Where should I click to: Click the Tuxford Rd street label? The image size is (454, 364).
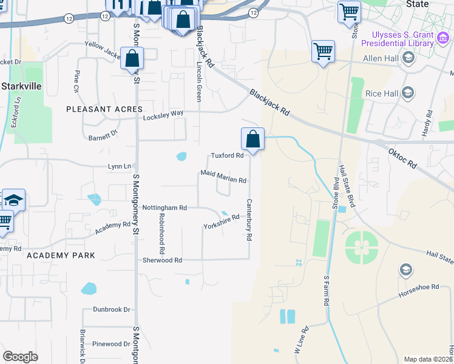[227, 155]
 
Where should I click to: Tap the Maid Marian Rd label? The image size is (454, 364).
[223, 180]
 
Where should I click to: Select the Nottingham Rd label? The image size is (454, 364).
[164, 207]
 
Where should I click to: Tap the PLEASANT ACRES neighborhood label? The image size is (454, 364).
[104, 109]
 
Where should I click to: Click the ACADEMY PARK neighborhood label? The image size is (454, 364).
[61, 255]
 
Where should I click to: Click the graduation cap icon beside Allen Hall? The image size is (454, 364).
[407, 58]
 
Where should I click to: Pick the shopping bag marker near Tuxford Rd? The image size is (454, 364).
[252, 140]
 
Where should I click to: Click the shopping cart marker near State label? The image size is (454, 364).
[350, 11]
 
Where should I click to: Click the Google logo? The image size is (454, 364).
[21, 357]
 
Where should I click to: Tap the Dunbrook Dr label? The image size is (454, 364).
[112, 309]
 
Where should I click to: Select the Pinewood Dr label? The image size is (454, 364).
[111, 344]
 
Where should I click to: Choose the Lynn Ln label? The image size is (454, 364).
[119, 166]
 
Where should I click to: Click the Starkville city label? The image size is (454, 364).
[21, 86]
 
